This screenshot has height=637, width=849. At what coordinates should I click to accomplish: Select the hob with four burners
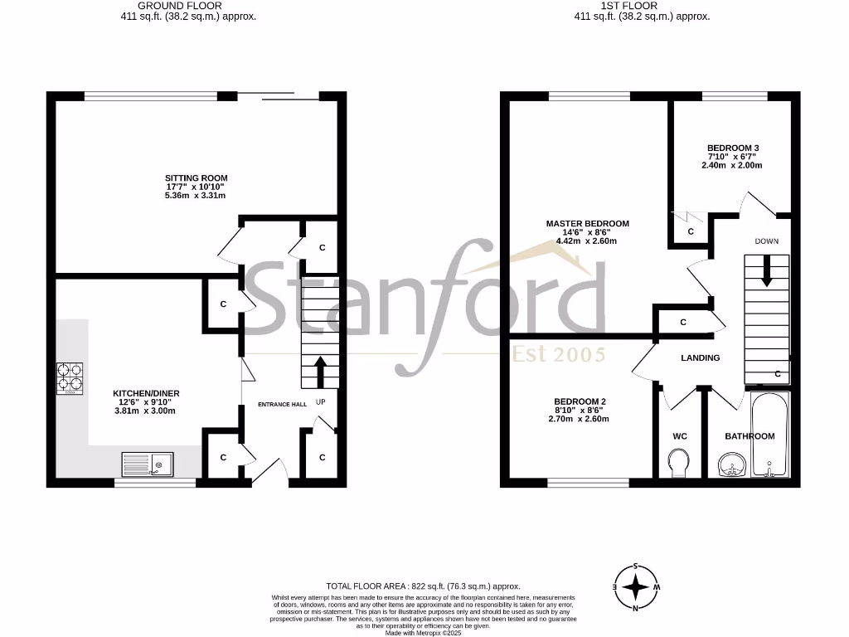70,378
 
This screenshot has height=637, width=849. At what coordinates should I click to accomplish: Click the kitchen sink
147,464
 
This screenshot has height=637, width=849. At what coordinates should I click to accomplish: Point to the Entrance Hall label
282,405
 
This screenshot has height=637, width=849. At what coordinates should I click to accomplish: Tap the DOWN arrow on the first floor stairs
766,270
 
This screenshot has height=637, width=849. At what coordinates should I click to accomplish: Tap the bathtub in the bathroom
770,436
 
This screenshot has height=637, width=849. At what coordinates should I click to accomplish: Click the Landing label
700,357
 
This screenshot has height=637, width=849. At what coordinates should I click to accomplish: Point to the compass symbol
635,586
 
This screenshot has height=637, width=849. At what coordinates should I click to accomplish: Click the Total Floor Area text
424,586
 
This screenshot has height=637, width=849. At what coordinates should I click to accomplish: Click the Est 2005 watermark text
558,354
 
